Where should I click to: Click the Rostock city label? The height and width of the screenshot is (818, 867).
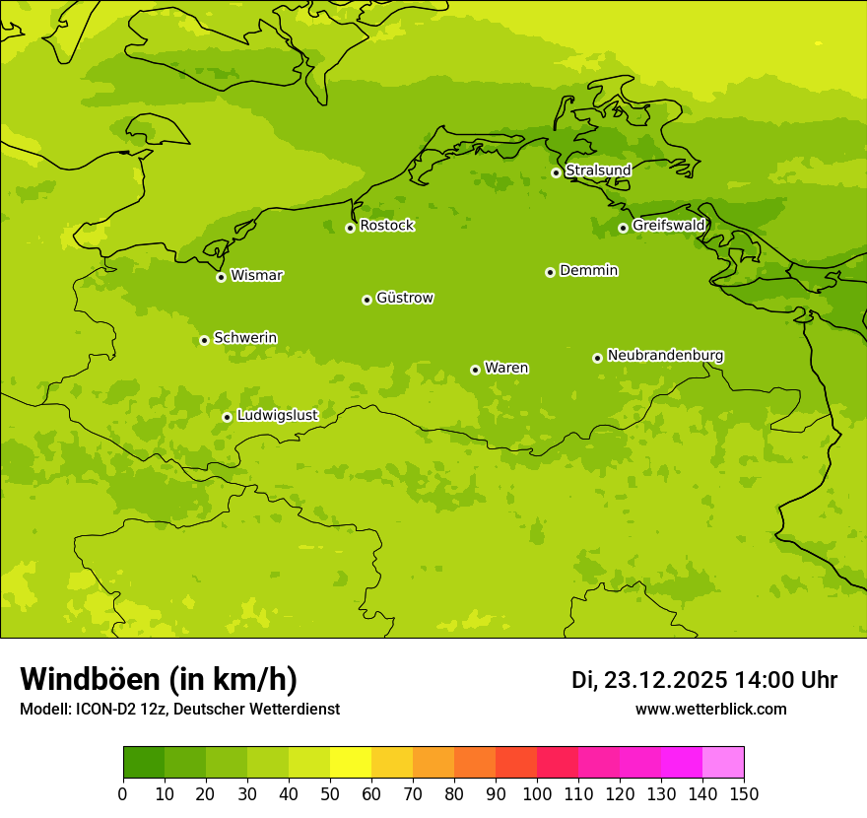pyautogui.click(x=386, y=226)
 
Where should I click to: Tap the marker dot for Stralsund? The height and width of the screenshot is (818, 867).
pyautogui.click(x=556, y=172)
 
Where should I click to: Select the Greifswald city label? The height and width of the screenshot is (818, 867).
pyautogui.click(x=669, y=226)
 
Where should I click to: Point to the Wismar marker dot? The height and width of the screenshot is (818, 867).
pyautogui.click(x=222, y=277)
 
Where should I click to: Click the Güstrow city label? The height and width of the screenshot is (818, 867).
pyautogui.click(x=404, y=298)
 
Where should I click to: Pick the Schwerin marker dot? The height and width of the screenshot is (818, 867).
pyautogui.click(x=205, y=340)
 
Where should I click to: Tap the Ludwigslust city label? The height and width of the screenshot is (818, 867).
pyautogui.click(x=277, y=415)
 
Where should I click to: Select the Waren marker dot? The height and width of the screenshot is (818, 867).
pyautogui.click(x=475, y=370)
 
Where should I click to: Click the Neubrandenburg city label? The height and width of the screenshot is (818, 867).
pyautogui.click(x=665, y=355)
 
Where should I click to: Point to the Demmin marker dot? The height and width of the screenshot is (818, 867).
pyautogui.click(x=550, y=272)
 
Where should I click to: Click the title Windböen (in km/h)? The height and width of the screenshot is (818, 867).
pyautogui.click(x=159, y=679)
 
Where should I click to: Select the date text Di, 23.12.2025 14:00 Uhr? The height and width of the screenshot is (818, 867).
pyautogui.click(x=704, y=680)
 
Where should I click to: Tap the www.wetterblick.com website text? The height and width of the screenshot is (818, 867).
pyautogui.click(x=711, y=710)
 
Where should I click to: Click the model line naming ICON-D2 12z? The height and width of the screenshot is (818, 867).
pyautogui.click(x=179, y=710)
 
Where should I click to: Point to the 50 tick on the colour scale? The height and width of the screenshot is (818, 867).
pyautogui.click(x=330, y=793)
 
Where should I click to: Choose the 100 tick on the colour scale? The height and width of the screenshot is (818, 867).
pyautogui.click(x=537, y=793)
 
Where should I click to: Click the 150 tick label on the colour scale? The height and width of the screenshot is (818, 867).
pyautogui.click(x=744, y=793)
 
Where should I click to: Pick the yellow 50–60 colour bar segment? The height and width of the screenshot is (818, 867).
pyautogui.click(x=351, y=763)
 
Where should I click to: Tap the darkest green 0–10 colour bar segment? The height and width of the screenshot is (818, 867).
pyautogui.click(x=144, y=763)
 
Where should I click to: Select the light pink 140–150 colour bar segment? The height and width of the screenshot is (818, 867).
pyautogui.click(x=723, y=763)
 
